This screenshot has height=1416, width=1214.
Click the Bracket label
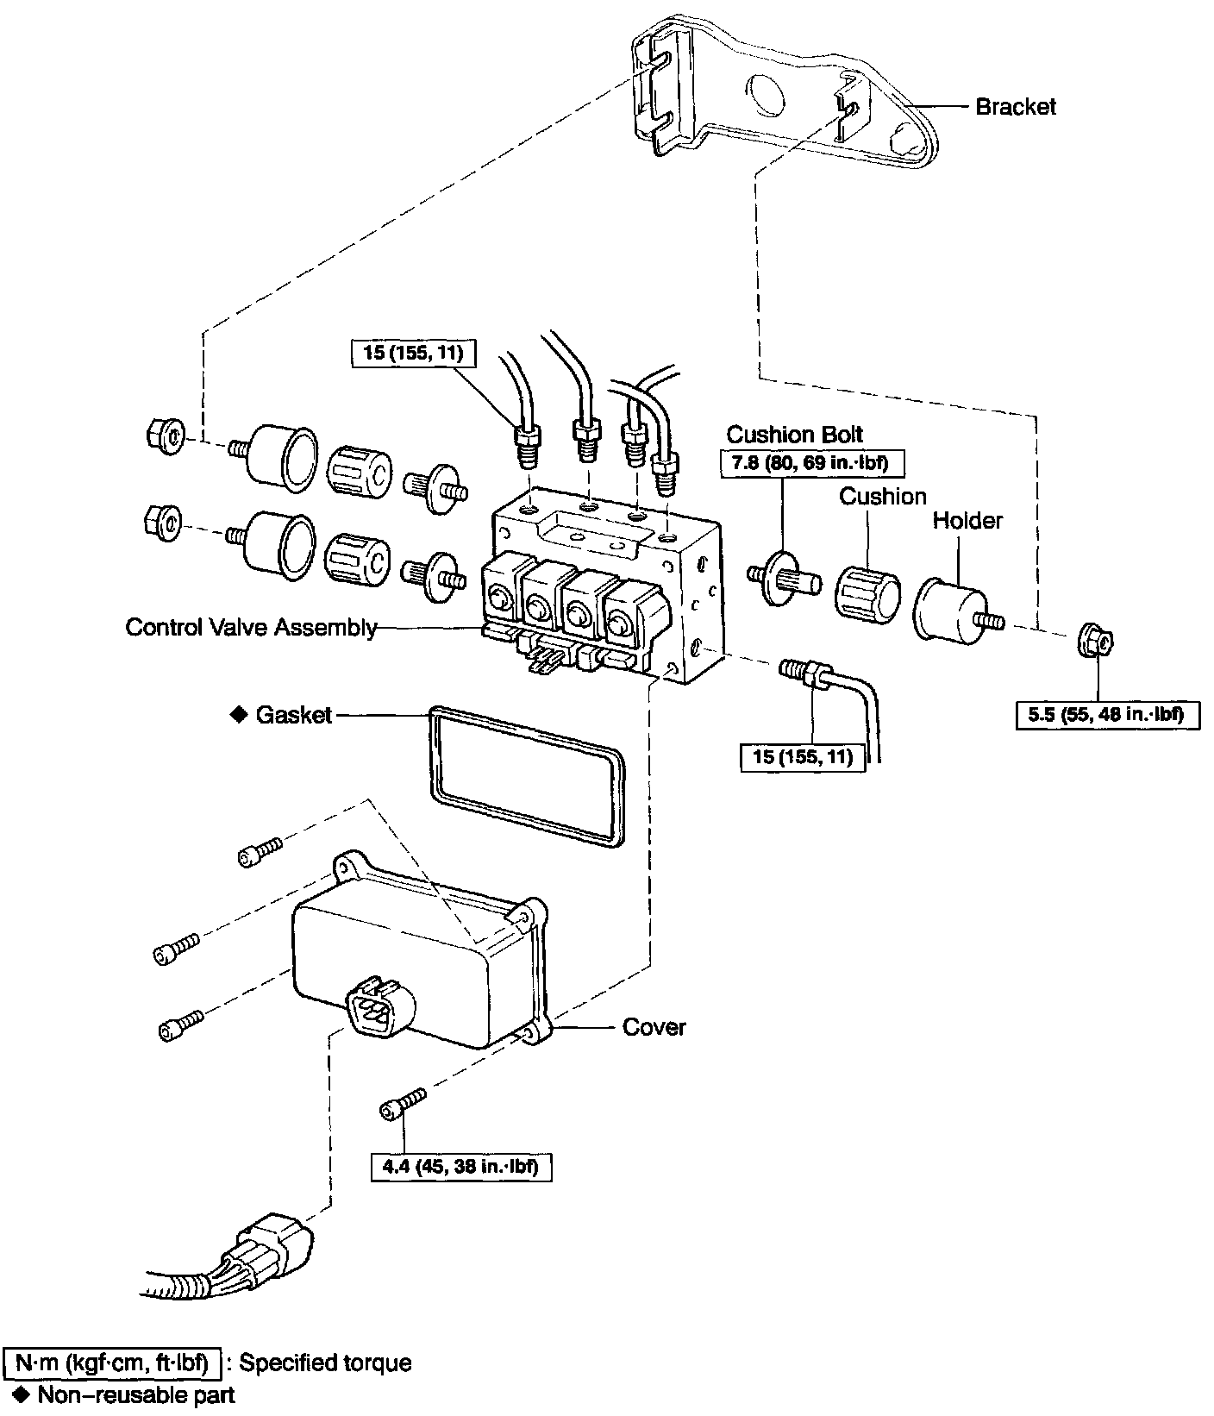click(x=1015, y=107)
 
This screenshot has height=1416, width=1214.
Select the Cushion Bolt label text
click(x=794, y=434)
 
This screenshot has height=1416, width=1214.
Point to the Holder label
click(x=967, y=521)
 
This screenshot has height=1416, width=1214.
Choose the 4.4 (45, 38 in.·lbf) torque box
click(x=461, y=1168)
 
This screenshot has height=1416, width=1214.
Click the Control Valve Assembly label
click(x=251, y=627)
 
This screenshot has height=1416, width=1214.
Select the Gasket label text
click(x=293, y=715)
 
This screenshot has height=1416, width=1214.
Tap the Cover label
click(x=654, y=1027)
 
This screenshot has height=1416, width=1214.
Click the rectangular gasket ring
click(x=526, y=774)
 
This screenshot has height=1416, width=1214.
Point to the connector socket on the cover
click(x=377, y=1006)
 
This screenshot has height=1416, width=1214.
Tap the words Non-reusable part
click(x=136, y=1394)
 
